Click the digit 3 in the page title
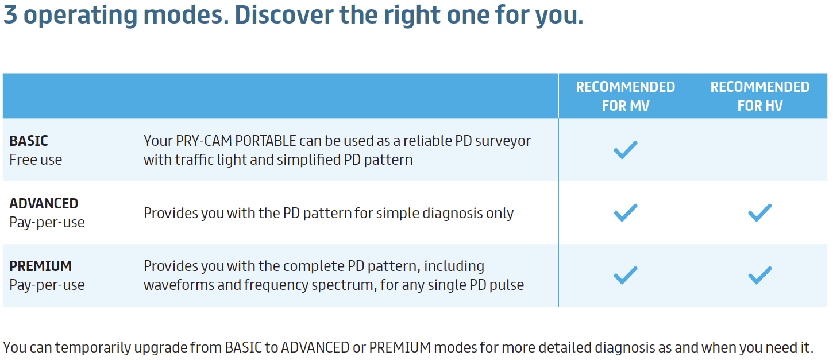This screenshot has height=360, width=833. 10,14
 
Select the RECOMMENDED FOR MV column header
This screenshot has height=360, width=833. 626,96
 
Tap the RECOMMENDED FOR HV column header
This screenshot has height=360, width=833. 759,96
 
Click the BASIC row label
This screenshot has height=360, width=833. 29,141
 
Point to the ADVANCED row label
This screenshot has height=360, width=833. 44,204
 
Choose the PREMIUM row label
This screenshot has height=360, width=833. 41,266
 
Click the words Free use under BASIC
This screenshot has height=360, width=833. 36,160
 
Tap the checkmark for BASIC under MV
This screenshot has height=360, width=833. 626,150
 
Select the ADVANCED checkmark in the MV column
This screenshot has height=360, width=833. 626,213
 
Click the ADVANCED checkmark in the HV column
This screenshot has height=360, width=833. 759,213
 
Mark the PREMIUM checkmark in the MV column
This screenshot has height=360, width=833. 626,275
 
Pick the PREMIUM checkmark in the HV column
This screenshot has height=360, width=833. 759,275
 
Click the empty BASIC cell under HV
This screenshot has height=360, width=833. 760,150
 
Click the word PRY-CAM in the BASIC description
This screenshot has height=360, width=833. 204,141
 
